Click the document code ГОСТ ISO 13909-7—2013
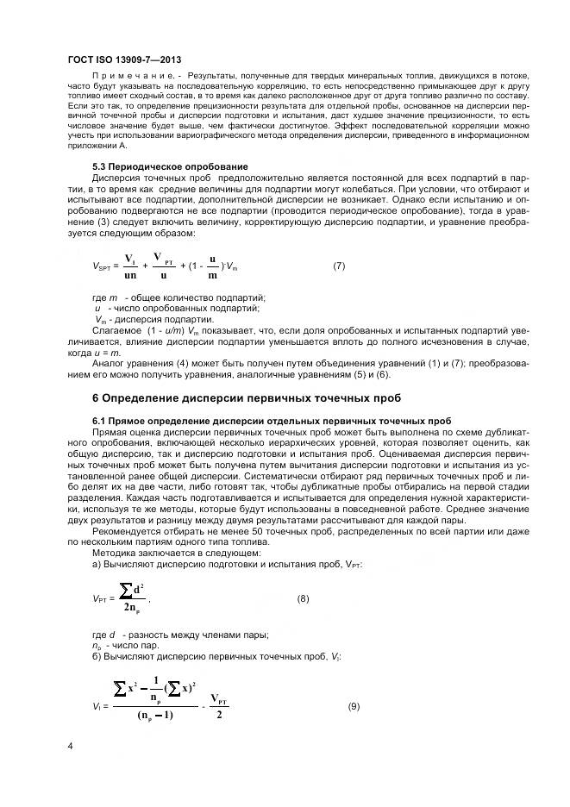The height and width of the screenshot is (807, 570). tap(125, 58)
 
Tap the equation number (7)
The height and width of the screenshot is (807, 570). tap(339, 266)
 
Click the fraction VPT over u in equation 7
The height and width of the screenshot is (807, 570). tap(161, 266)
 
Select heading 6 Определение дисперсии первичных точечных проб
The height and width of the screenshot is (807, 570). tap(246, 397)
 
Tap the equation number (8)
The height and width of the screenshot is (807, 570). tap(303, 597)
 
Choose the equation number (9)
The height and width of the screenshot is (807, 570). tap(353, 707)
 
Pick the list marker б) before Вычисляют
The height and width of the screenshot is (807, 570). tap(96, 658)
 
